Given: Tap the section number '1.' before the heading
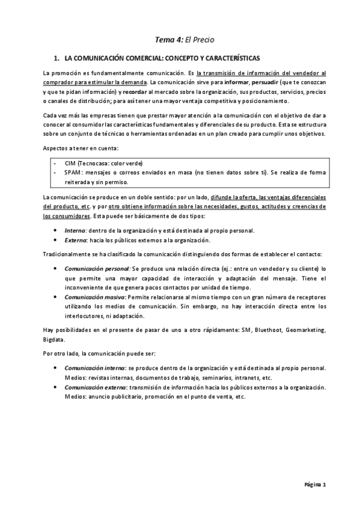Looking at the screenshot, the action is point(57,59).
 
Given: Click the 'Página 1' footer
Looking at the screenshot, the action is point(314,484).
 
